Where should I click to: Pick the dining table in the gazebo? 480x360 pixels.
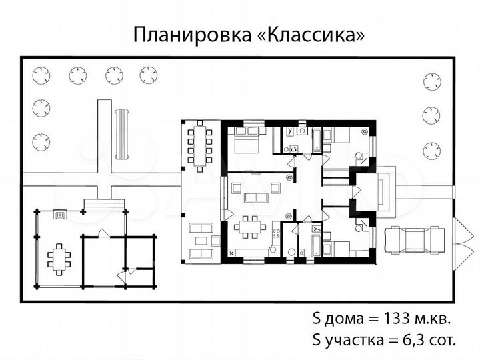(x=59, y=257)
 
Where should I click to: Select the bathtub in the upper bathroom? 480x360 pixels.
(x=313, y=139)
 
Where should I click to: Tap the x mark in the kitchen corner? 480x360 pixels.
(x=231, y=254)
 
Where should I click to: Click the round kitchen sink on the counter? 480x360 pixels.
(x=273, y=249)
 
